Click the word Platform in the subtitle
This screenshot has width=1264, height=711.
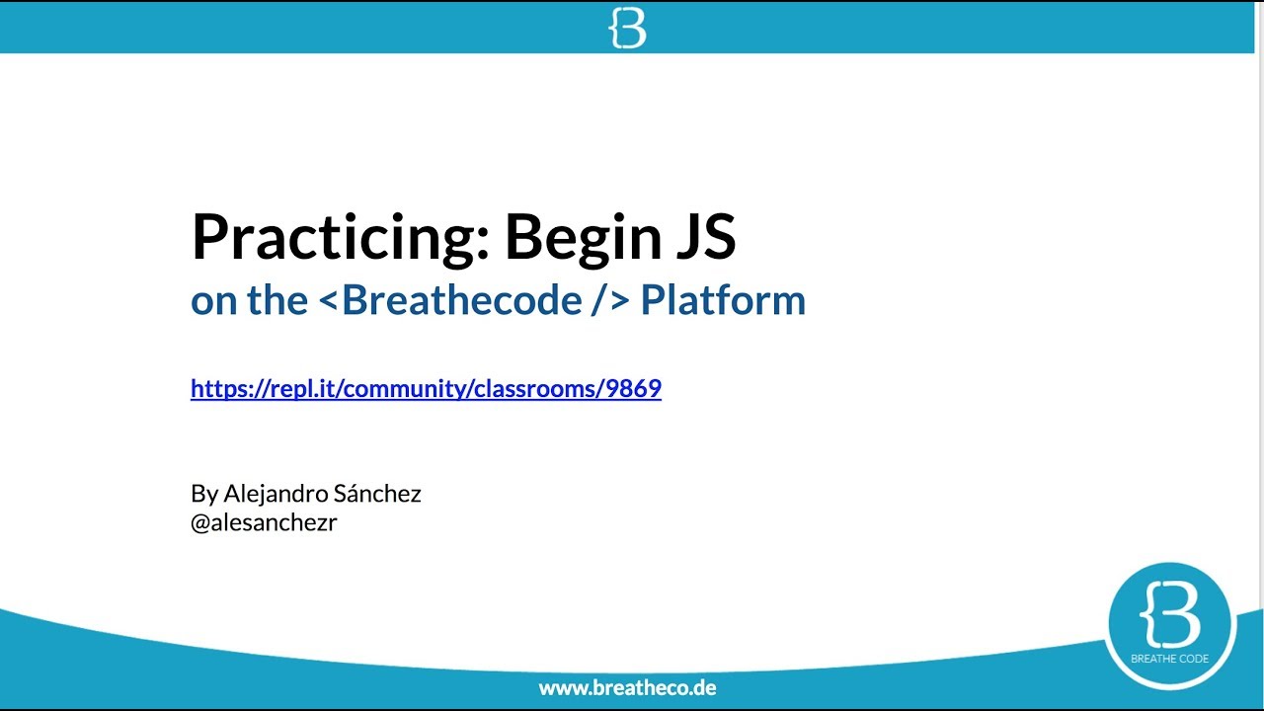(723, 300)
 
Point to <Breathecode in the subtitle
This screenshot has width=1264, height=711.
(450, 300)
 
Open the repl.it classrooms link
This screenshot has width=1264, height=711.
(426, 389)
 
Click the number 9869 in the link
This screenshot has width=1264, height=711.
(634, 389)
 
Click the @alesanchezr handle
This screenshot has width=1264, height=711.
(264, 523)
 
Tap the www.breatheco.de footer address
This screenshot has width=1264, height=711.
(627, 687)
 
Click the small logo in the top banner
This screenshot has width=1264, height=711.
(627, 29)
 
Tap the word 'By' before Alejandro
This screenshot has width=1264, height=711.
(204, 494)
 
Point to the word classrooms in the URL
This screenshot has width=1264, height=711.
(534, 389)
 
